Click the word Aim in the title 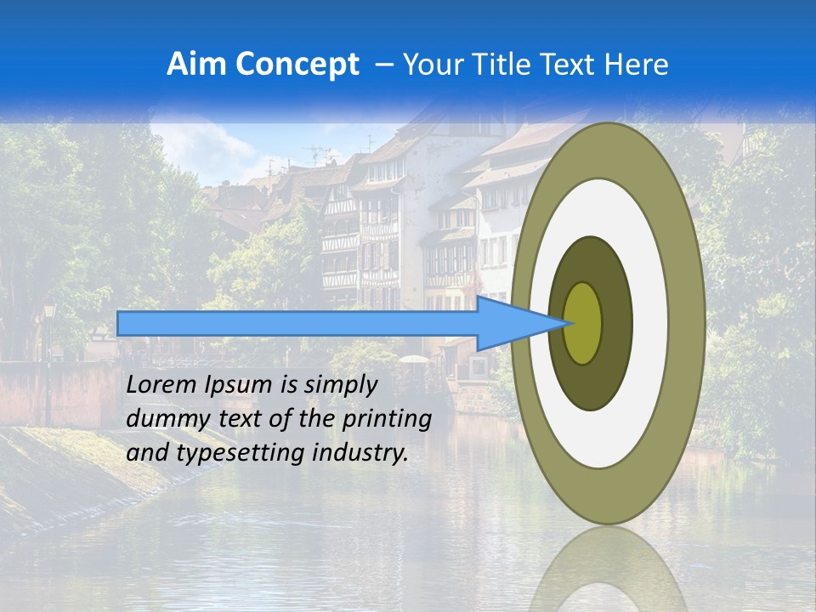pos(197,65)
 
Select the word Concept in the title pos(297,65)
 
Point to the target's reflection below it pos(609,569)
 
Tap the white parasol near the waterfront pos(414,360)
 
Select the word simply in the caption pos(340,385)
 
